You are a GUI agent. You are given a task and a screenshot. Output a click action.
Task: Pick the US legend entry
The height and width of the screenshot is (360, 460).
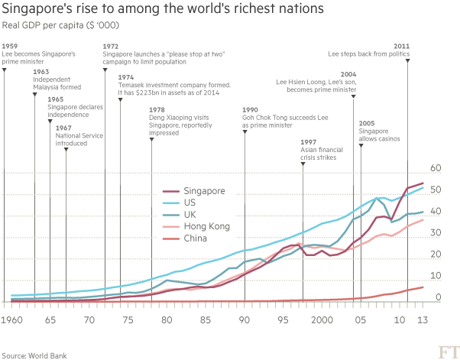tap(190, 203)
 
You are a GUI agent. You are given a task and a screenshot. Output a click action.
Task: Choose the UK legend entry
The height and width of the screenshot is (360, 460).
tap(190, 215)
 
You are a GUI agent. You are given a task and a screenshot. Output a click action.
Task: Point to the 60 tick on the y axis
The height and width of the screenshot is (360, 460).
tap(436, 167)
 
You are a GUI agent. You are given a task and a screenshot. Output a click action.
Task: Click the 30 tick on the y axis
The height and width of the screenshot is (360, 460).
tap(436, 232)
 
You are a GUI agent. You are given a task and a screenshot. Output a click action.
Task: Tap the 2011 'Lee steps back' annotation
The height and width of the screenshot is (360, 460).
tap(370, 54)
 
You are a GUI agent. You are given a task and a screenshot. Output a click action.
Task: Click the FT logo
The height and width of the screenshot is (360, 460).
tap(445, 350)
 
